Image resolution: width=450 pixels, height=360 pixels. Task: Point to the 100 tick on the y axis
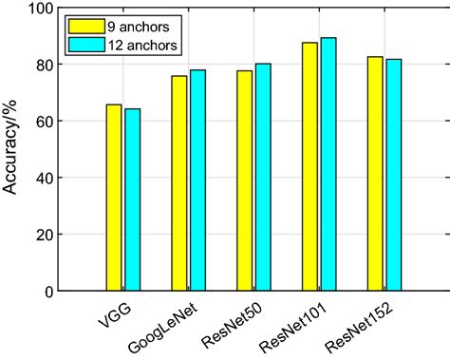(56, 9)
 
